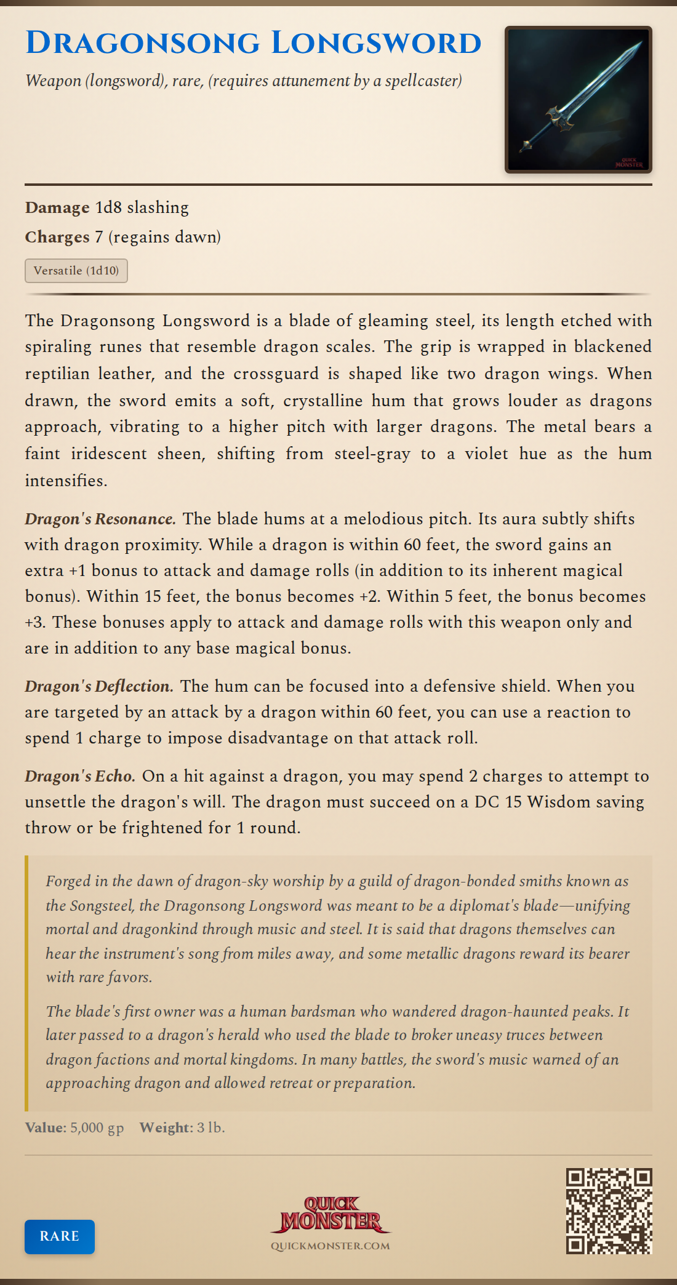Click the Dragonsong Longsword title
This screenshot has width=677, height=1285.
253,43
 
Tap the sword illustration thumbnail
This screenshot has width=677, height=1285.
578,100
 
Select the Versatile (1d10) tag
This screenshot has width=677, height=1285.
76,271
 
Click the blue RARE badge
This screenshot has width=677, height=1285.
60,1236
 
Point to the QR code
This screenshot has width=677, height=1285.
609,1211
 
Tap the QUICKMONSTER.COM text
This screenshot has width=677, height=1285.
330,1246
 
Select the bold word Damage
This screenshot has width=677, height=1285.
57,207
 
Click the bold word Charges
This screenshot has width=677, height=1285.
57,237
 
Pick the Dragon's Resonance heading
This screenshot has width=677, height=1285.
100,519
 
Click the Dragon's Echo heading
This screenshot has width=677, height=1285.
80,776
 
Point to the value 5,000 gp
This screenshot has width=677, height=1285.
97,1127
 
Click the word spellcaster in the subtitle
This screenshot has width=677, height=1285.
423,81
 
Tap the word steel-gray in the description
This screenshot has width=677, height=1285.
372,454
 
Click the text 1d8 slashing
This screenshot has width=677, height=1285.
142,207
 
